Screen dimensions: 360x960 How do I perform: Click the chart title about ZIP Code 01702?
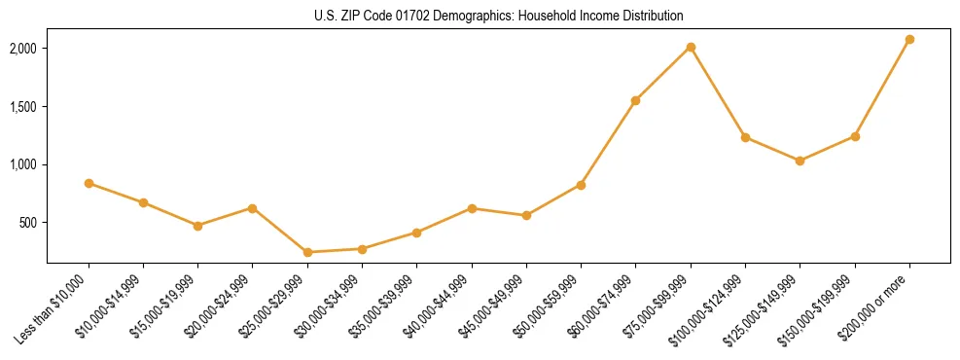click(x=499, y=17)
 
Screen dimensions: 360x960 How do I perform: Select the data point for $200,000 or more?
click(x=909, y=40)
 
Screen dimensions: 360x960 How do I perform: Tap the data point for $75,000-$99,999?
click(x=691, y=47)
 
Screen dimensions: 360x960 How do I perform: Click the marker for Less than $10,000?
click(x=89, y=183)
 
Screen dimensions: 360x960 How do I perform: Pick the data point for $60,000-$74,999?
click(x=636, y=100)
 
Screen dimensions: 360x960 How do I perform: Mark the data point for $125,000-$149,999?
click(x=800, y=161)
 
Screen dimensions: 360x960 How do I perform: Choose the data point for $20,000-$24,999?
click(x=253, y=208)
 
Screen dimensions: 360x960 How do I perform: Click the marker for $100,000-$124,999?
click(x=746, y=137)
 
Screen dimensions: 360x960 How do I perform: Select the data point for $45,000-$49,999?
click(x=526, y=215)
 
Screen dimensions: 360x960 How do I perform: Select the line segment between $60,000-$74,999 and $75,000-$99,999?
click(x=663, y=74)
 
